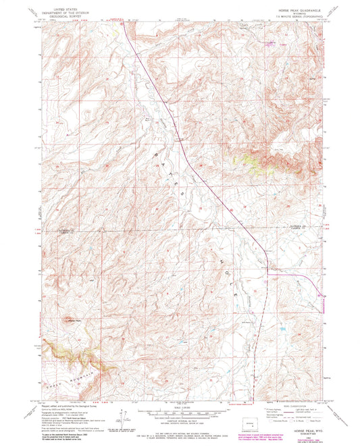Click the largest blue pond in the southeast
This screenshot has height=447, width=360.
280,330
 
